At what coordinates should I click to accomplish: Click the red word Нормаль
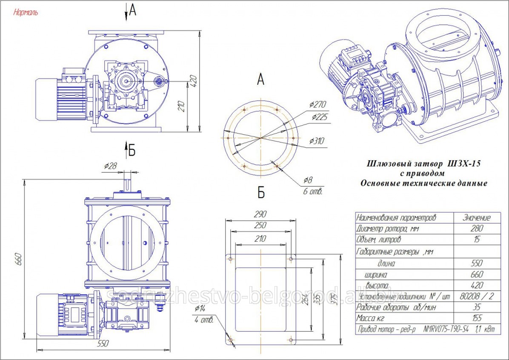26,12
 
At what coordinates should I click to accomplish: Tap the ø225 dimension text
319,117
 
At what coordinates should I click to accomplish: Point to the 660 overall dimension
18,260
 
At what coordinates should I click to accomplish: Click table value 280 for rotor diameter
476,229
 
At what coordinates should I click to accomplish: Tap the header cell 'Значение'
476,217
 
